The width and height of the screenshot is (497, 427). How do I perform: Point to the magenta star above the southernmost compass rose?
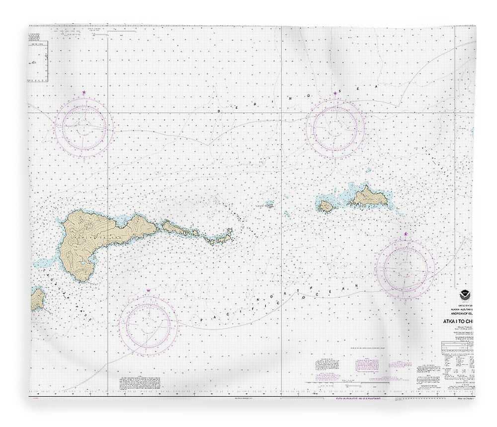click(148, 290)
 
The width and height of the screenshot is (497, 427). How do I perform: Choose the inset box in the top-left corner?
click(38, 54)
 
